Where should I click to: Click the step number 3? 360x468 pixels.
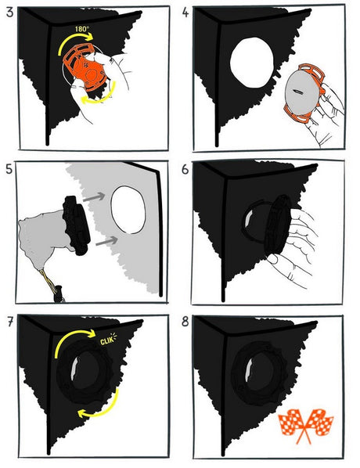click(x=9, y=13)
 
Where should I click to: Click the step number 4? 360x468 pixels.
click(x=185, y=13)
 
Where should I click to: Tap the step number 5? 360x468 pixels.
click(x=9, y=169)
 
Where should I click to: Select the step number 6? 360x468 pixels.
click(x=185, y=170)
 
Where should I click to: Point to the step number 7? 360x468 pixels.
click(x=10, y=322)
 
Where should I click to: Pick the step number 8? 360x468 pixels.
click(x=185, y=322)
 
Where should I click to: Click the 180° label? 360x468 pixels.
click(x=82, y=29)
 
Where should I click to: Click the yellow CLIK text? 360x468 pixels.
click(x=108, y=340)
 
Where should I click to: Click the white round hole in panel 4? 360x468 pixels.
click(x=252, y=63)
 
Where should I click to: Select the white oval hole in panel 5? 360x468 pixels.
click(x=128, y=210)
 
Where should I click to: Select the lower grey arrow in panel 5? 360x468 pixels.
click(x=106, y=241)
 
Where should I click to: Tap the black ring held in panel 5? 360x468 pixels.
click(x=77, y=225)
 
